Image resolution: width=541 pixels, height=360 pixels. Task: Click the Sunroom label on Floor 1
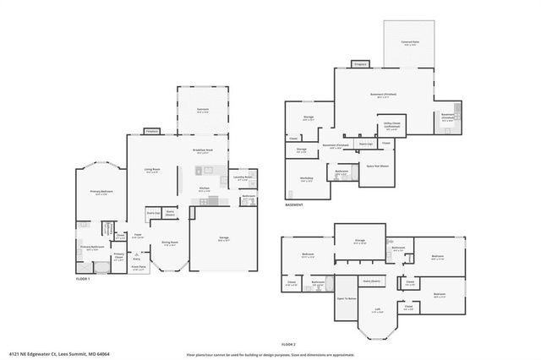click(203, 112)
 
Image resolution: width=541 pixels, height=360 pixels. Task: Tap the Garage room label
click(224, 239)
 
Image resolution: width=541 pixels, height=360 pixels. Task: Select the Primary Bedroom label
click(101, 193)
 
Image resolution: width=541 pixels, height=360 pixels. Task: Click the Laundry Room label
click(243, 177)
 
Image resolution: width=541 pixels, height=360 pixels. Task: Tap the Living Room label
click(152, 170)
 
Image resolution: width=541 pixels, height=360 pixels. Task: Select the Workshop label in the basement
click(305, 179)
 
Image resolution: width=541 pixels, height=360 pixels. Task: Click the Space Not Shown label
click(377, 166)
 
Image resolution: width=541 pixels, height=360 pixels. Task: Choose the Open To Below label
click(347, 299)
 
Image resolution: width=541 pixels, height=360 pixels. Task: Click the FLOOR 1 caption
click(83, 279)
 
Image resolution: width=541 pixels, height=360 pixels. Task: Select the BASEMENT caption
click(293, 205)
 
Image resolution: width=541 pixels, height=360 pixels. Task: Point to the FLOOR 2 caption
click(288, 345)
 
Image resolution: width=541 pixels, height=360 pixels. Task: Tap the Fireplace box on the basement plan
click(359, 63)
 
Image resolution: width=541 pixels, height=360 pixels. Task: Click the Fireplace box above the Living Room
click(152, 131)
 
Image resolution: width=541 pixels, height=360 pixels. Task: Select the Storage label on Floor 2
click(360, 240)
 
